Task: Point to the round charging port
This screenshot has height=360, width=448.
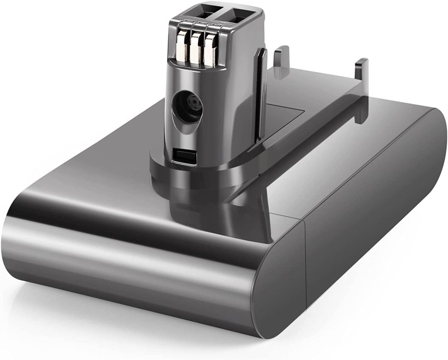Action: pos(187,107)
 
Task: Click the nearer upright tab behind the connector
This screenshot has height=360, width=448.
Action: pos(281,58)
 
